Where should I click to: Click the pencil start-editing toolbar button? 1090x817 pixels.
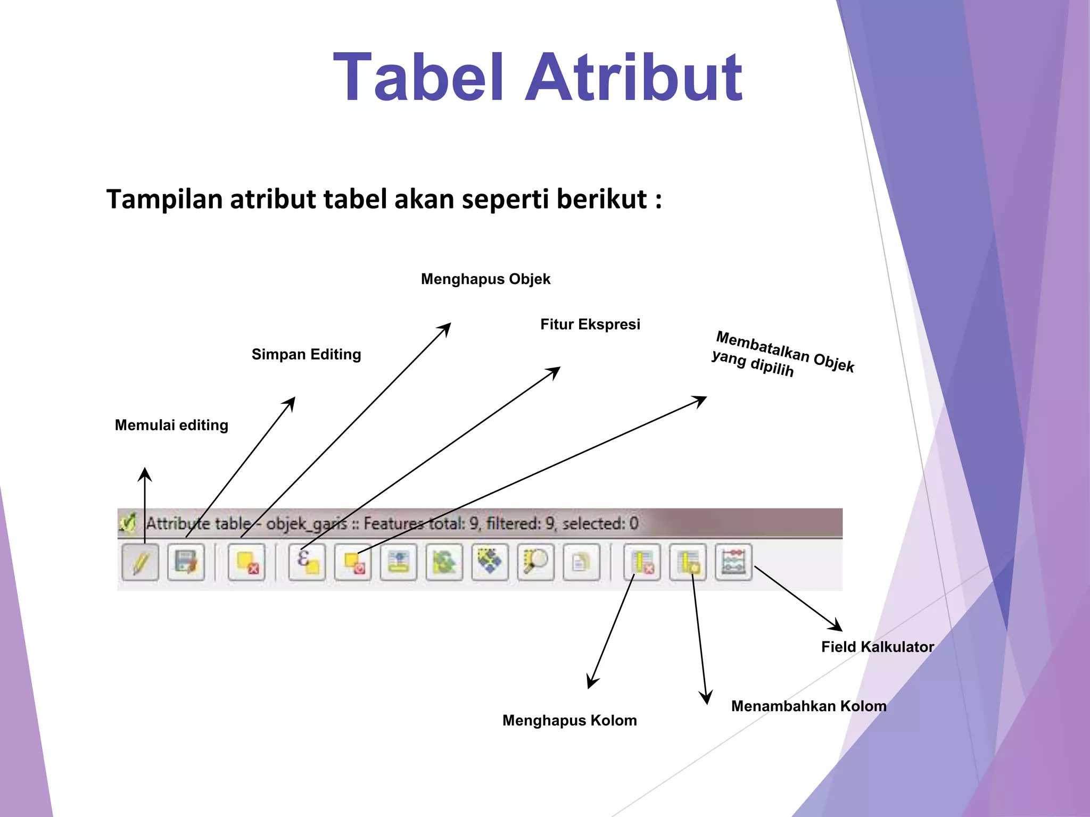tap(141, 562)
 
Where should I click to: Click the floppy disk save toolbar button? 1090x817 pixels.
tap(186, 562)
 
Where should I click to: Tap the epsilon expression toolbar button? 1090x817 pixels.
tap(307, 562)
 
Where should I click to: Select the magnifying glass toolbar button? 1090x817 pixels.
tap(535, 562)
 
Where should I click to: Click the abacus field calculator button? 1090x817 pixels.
tap(733, 562)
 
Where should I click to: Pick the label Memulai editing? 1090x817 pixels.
tap(171, 425)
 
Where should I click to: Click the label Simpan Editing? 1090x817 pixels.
tap(306, 354)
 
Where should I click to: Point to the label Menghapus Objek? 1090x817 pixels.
tap(485, 279)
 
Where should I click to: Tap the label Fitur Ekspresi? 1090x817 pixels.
tap(590, 324)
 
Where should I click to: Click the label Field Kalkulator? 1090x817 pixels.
tap(878, 647)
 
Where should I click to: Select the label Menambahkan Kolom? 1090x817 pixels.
tap(808, 706)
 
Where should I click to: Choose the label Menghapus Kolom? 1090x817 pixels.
tap(569, 720)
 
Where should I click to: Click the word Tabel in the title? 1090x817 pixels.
tap(418, 78)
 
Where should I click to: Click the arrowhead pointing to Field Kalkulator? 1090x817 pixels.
tap(837, 626)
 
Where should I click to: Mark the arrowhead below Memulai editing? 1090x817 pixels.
tap(145, 473)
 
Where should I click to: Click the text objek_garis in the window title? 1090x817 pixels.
tap(306, 524)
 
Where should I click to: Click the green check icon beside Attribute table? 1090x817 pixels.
tap(128, 523)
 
